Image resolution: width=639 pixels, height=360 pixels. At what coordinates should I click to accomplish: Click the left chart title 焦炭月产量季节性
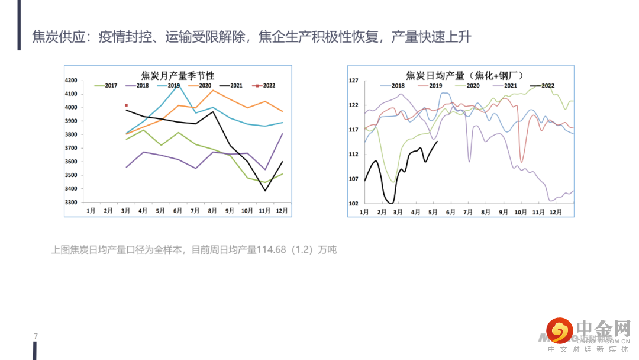[x=177, y=75]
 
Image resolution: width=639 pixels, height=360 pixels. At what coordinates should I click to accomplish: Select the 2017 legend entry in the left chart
[x=106, y=86]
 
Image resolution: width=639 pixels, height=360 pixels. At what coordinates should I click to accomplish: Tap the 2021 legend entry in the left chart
[x=231, y=86]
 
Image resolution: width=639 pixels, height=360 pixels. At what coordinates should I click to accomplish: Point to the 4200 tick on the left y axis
[x=71, y=81]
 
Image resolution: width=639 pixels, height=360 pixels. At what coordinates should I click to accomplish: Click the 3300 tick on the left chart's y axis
[x=71, y=202]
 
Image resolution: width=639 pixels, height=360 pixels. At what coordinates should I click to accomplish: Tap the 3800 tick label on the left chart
[x=71, y=134]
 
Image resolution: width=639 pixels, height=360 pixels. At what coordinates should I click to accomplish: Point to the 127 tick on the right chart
[x=354, y=81]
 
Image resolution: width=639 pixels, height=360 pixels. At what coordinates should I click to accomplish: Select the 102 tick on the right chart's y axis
[x=354, y=204]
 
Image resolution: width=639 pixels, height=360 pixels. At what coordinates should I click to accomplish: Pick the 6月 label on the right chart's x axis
[x=450, y=211]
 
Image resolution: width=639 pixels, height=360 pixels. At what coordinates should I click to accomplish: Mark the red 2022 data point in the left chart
[x=126, y=105]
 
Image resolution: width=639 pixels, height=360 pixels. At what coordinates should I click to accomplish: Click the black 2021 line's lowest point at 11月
[x=265, y=190]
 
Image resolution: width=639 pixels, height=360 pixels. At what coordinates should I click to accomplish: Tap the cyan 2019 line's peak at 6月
[x=178, y=85]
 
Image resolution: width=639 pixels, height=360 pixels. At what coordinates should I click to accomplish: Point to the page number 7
[x=36, y=336]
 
